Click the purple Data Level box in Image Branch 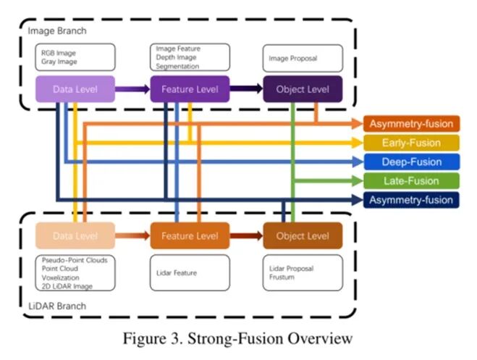tap(75, 89)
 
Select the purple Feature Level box tap(190, 89)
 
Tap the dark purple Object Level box tap(303, 89)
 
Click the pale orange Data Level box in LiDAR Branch tap(75, 235)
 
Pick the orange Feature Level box tap(190, 235)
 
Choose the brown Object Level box tap(303, 235)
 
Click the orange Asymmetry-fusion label tap(411, 124)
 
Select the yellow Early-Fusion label tap(411, 143)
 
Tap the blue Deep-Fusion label tap(411, 162)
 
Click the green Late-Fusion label tap(411, 181)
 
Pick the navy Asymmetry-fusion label tap(411, 200)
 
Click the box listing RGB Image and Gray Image tap(75, 57)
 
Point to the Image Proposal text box tap(303, 58)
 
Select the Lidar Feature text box tap(190, 272)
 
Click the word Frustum tap(282, 277)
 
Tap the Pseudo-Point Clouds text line tap(75, 260)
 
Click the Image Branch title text tap(57, 30)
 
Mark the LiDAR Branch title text tap(57, 306)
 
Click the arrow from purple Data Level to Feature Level tap(132, 89)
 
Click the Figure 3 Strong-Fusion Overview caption tap(237, 338)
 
